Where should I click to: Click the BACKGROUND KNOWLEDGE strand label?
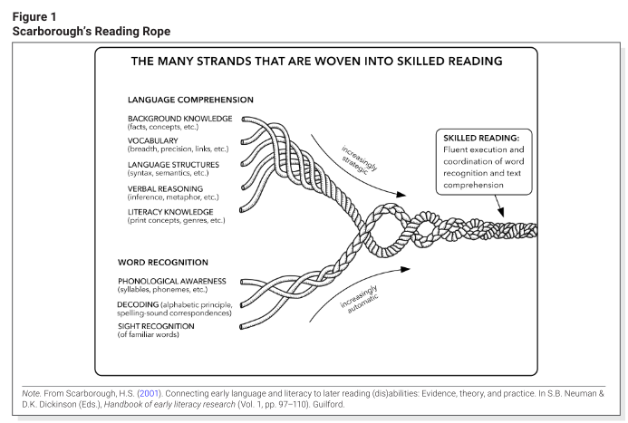tap(179, 118)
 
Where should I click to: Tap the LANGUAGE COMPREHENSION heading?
tap(190, 99)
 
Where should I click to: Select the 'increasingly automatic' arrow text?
tap(360, 306)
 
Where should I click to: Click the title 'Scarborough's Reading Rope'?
tap(91, 31)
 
